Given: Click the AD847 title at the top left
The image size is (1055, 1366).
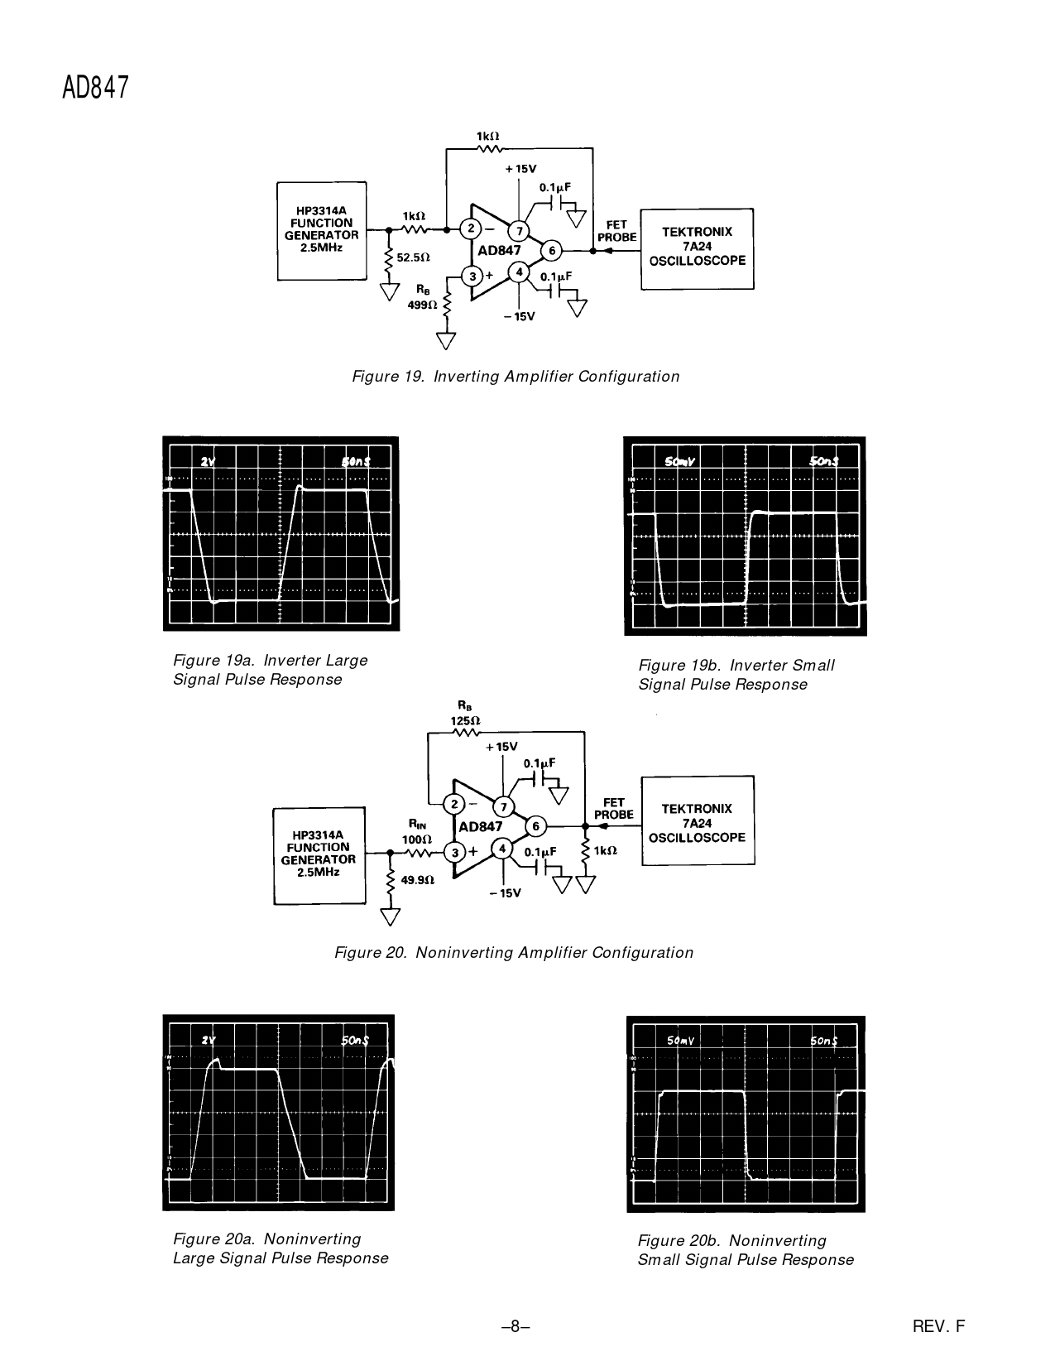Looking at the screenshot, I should pos(96,87).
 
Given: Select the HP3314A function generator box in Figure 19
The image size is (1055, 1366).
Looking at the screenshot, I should pos(321,230).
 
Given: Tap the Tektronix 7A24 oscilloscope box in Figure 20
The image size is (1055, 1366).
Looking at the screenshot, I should pos(698,821).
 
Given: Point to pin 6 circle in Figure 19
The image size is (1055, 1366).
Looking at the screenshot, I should pos(550,250).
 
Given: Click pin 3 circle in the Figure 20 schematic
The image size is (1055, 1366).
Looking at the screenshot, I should pos(453,853).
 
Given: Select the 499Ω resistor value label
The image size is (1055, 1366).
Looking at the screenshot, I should pos(421,305).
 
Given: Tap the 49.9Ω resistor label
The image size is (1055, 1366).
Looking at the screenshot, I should pos(418,881).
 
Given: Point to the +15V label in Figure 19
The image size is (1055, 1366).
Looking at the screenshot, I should pos(520,168).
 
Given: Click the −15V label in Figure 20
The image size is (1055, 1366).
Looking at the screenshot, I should pos(505,892).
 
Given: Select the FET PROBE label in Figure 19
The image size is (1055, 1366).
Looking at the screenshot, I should pos(617,230).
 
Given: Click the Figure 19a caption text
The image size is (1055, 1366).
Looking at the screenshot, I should pos(270,670).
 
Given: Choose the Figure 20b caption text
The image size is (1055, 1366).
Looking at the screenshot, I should pos(745,1250).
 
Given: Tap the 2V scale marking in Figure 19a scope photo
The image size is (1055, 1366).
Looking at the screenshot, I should pos(208,461).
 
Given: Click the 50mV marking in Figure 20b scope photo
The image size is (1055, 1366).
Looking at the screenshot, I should pos(679,1041).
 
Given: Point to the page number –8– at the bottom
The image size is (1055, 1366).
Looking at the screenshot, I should pos(515,1326).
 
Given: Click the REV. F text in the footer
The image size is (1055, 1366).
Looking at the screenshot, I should pos(938,1326).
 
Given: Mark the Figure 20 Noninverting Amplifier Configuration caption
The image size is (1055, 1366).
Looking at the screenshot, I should pos(513,952).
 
